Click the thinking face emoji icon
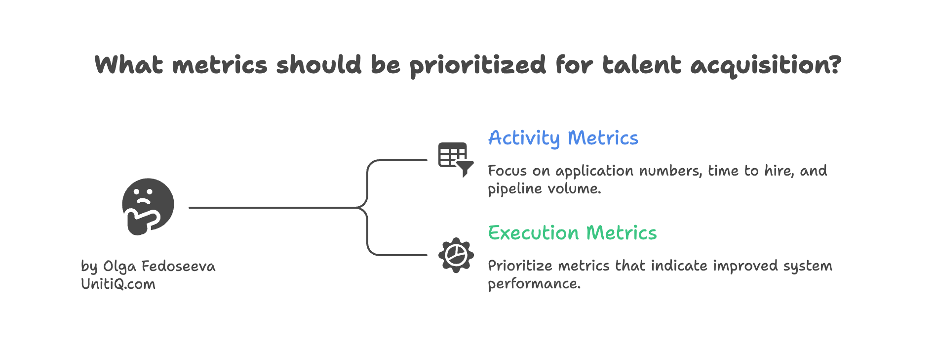coord(148,206)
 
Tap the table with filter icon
coord(455,159)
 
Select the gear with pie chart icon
coord(456,255)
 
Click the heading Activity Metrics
coord(563,138)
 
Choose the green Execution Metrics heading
coord(572,233)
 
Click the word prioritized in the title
coord(477,65)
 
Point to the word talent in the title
coord(641,65)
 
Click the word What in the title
coord(129,65)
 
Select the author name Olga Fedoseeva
coord(159,267)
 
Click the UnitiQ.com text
coord(118,284)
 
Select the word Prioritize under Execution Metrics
coord(520,266)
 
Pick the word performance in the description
coord(534,284)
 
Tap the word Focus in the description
coord(507,171)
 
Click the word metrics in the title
coord(220,65)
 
